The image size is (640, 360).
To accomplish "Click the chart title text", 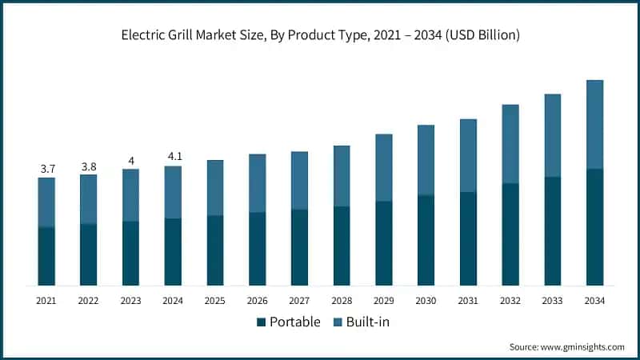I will [x=320, y=34].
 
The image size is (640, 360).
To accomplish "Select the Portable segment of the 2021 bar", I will [x=46, y=256].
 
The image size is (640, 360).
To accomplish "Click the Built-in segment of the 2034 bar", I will [x=594, y=124].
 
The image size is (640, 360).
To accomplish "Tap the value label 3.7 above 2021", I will [x=46, y=169].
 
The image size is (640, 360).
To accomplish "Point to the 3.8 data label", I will [x=89, y=166].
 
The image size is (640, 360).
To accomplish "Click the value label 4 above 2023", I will [x=130, y=161].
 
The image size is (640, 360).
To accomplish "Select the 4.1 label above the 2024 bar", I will [x=173, y=158].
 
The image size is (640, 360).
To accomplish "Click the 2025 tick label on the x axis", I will [x=214, y=301].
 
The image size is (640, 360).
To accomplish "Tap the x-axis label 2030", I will [x=426, y=301].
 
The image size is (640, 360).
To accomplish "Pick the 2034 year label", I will [x=594, y=301].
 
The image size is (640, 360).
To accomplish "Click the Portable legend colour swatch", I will [x=261, y=322].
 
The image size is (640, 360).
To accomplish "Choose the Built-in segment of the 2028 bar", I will [x=342, y=176].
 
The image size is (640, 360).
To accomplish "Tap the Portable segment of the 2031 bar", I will [x=468, y=238].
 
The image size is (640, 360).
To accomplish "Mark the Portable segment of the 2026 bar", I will [x=257, y=249].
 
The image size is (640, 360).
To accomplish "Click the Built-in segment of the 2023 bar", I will [x=130, y=195].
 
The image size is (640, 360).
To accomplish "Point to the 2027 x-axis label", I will [x=299, y=301].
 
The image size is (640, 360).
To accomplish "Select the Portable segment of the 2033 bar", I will [x=553, y=231].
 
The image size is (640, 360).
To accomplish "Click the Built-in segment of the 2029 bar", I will [x=384, y=167].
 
